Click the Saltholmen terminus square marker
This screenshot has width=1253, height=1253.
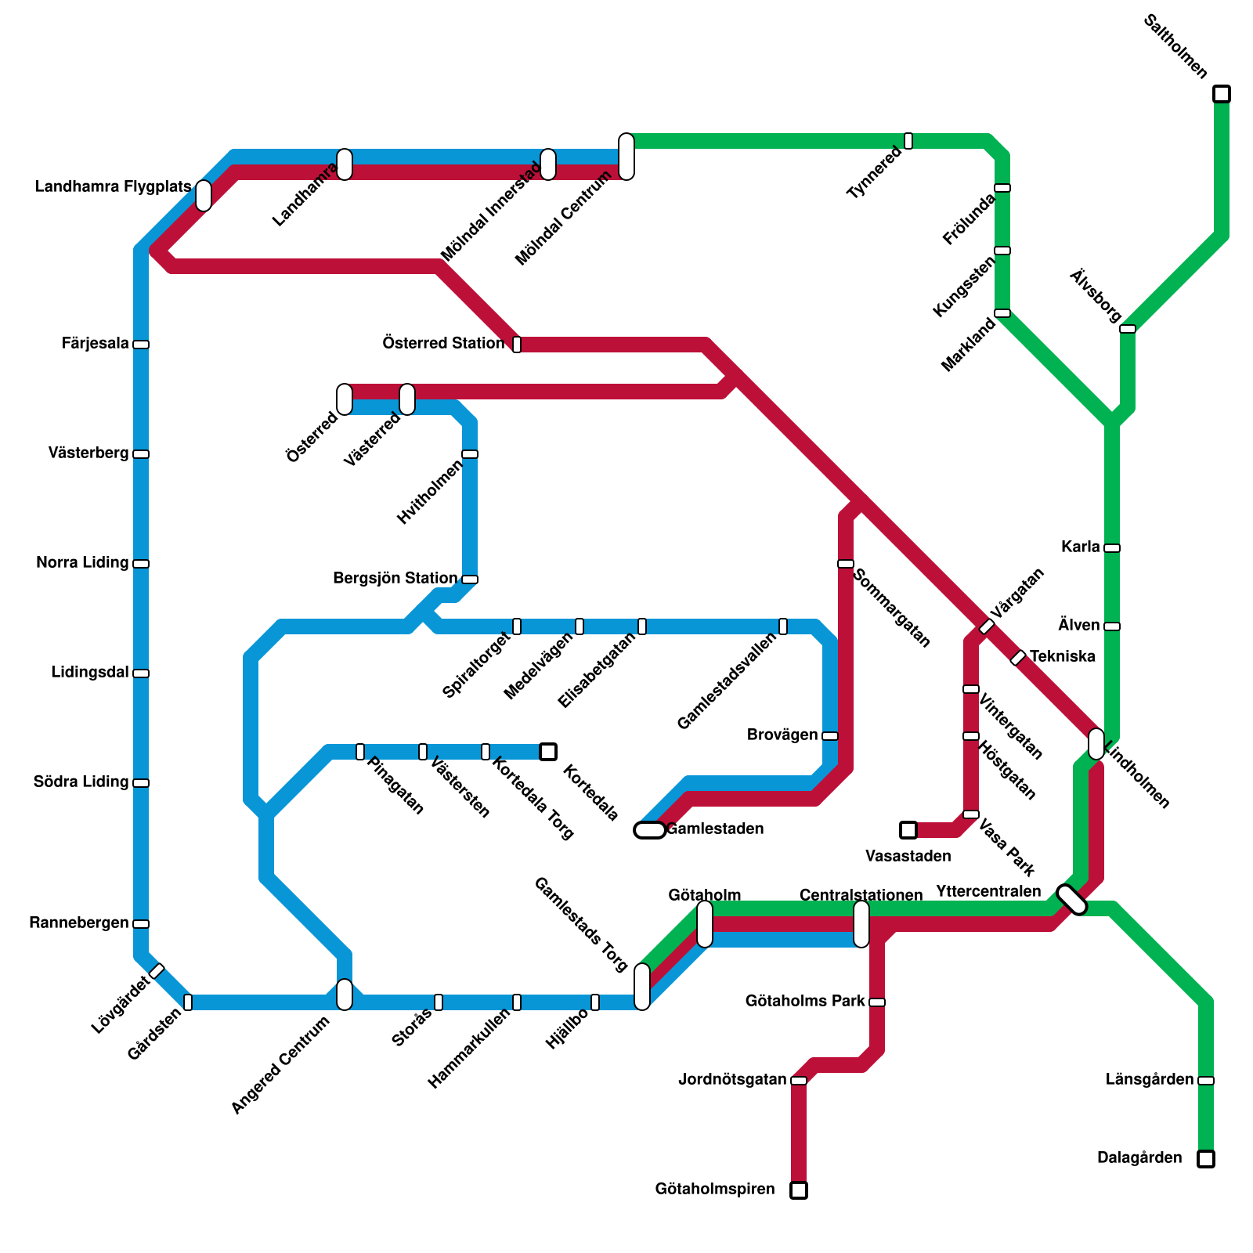click(x=1222, y=94)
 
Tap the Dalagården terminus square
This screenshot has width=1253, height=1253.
click(x=1206, y=1159)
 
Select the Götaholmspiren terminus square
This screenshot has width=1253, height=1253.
click(x=799, y=1190)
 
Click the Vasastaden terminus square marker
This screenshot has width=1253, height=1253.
click(x=908, y=830)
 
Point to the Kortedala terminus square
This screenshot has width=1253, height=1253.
click(x=548, y=752)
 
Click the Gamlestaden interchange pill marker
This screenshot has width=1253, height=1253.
click(x=650, y=830)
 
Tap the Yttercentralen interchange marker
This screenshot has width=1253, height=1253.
click(x=1072, y=900)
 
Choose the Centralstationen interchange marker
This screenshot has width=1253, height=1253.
click(x=861, y=924)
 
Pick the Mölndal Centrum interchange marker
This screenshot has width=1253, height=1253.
click(x=626, y=157)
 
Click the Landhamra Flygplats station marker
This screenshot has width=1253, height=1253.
click(x=204, y=196)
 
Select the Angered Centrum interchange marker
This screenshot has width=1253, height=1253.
click(x=345, y=995)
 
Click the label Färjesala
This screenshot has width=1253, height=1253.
click(x=96, y=344)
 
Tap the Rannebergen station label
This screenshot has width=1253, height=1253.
click(x=79, y=923)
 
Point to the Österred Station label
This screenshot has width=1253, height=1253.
click(x=443, y=343)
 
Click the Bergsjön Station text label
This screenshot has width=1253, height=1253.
click(x=395, y=579)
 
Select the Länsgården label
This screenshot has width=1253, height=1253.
click(x=1150, y=1080)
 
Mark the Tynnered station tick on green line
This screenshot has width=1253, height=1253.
click(x=908, y=141)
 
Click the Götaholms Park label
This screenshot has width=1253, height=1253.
click(x=805, y=1002)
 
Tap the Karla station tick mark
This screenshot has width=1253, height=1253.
click(x=1112, y=548)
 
